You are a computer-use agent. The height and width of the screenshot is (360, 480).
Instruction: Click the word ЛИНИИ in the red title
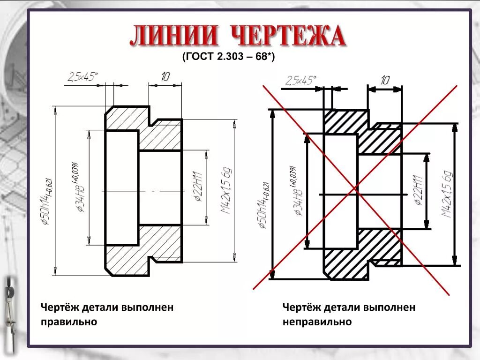[x=174, y=37]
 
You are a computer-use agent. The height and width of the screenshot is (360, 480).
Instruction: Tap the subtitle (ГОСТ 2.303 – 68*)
[x=228, y=57]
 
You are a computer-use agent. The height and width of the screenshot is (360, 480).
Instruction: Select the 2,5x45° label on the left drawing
[x=82, y=77]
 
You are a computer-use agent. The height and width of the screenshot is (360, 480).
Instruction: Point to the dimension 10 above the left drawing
[x=165, y=77]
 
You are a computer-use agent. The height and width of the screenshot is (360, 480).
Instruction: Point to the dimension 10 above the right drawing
[x=385, y=80]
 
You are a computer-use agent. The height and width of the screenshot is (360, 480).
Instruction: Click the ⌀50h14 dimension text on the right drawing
[x=263, y=205]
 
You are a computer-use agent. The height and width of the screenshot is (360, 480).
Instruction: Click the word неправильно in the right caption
[x=317, y=322]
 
